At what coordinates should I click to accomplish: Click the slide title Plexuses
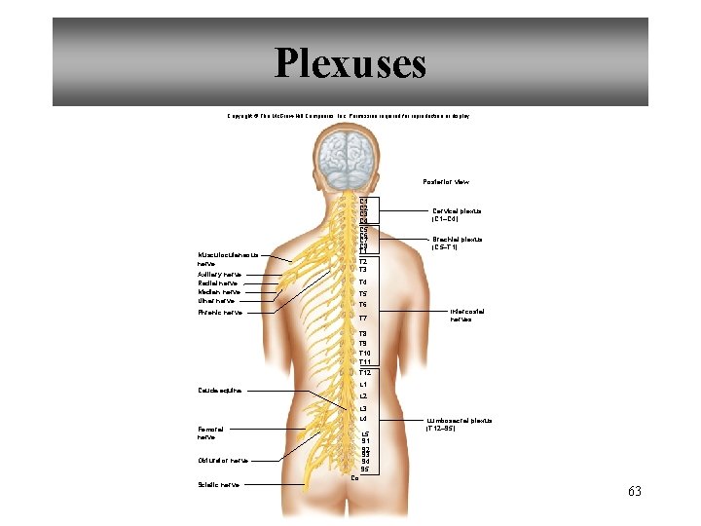[350, 63]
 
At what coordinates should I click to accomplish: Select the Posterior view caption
[446, 182]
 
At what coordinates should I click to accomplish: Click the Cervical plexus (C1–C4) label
[457, 214]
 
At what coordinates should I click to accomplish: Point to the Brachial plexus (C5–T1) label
[457, 243]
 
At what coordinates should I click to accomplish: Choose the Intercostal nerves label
[467, 315]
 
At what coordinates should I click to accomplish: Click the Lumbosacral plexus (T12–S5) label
[459, 425]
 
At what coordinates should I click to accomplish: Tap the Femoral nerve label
[210, 433]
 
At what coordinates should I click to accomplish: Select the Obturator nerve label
[222, 461]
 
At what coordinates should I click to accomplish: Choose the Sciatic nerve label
[218, 484]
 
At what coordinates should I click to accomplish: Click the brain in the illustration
[350, 162]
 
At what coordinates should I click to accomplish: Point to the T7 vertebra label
[362, 319]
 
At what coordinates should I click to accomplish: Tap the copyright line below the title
[349, 116]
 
